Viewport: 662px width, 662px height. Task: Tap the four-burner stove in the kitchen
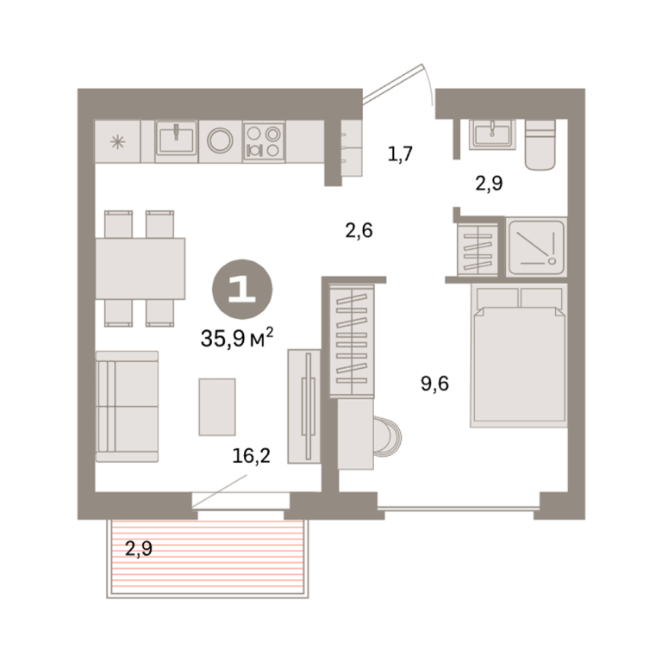[264, 141]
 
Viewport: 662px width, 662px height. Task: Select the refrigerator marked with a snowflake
[117, 141]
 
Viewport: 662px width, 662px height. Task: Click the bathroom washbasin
[492, 134]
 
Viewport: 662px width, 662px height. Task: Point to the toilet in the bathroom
[540, 145]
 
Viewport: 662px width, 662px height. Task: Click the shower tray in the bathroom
[537, 247]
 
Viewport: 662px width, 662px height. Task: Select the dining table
[141, 269]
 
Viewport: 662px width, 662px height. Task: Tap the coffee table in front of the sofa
[217, 407]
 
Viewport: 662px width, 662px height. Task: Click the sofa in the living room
[127, 407]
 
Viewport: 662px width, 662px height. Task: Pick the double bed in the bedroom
[519, 355]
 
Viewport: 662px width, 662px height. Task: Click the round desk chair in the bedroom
[387, 437]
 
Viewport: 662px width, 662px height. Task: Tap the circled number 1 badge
[242, 290]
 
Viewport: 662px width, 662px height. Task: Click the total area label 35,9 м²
[237, 338]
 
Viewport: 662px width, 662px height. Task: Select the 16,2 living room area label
[251, 456]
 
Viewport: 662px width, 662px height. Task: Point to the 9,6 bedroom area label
[434, 384]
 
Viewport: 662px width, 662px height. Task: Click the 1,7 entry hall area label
[400, 154]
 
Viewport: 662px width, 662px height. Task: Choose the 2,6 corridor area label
[359, 231]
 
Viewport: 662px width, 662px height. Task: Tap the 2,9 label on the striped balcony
[139, 549]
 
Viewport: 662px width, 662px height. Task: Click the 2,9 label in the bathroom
[489, 184]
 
